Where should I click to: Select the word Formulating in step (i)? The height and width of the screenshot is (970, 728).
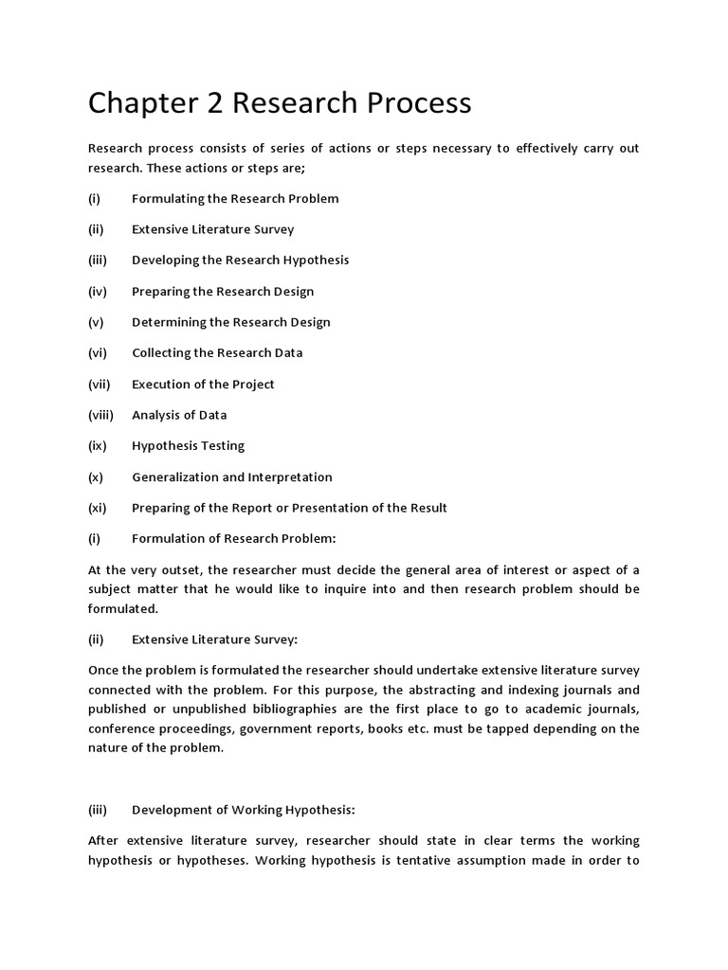(x=166, y=199)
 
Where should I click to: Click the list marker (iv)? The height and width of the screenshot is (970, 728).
(x=97, y=292)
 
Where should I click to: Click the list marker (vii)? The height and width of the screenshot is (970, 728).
(x=100, y=385)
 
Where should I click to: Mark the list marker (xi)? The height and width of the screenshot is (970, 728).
(x=98, y=508)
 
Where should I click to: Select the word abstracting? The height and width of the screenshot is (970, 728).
(x=428, y=690)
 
